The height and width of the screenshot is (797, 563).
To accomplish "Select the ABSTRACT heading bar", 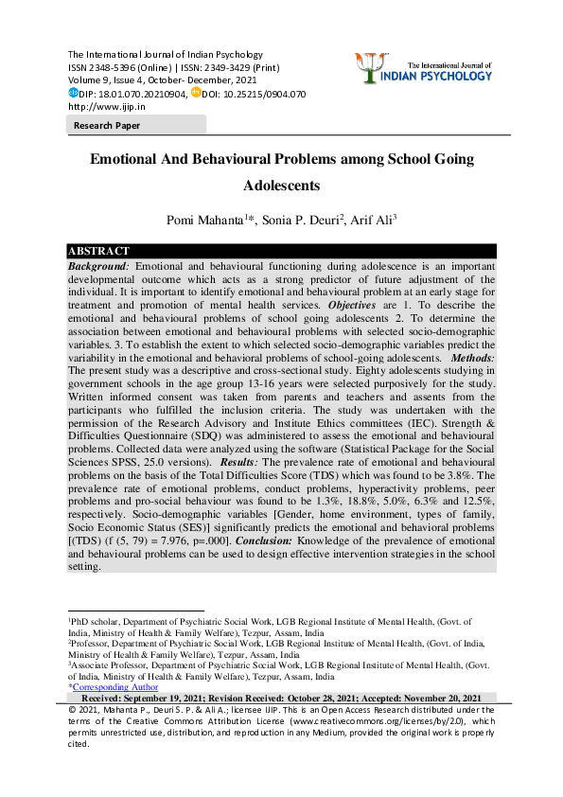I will click(98, 251).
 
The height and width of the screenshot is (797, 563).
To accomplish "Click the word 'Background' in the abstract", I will click(99, 267).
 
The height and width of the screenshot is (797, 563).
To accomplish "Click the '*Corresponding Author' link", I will click(114, 687).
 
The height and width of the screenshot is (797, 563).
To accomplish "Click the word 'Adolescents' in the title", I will click(281, 186).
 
